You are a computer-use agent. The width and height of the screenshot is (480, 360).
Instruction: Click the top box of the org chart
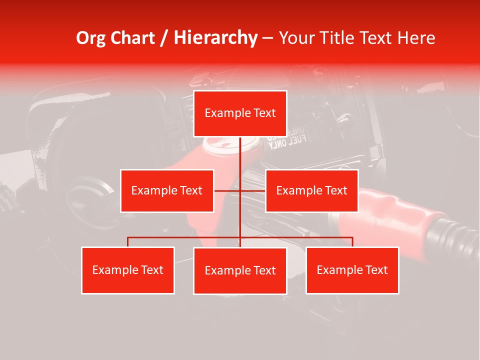[x=240, y=113]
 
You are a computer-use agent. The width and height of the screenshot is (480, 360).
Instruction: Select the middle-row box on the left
[x=167, y=190]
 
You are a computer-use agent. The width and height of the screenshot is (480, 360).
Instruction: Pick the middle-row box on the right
[x=311, y=190]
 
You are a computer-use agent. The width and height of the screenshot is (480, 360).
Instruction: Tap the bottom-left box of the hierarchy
[x=128, y=270]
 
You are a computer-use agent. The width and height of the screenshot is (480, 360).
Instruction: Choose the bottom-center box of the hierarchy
[x=240, y=270]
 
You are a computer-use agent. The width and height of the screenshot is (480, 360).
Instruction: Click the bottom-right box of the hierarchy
[x=352, y=270]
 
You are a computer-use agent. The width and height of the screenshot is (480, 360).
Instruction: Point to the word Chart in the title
[x=132, y=38]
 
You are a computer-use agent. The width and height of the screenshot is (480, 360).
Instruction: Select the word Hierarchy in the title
[x=215, y=38]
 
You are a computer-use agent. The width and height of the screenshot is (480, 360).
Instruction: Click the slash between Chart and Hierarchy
[x=163, y=38]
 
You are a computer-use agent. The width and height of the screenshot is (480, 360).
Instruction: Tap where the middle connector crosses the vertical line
[x=240, y=190]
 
